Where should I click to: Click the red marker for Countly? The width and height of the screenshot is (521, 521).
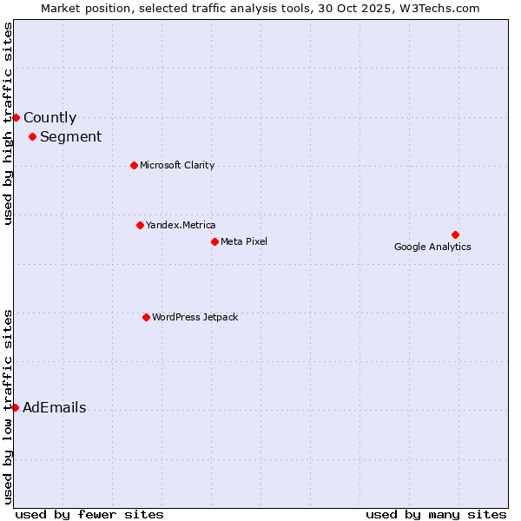pos(16,117)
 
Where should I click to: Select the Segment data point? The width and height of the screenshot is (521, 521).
pos(32,136)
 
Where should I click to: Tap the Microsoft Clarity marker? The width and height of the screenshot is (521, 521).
pos(134,165)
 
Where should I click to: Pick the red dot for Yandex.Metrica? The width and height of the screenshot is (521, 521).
pos(140,225)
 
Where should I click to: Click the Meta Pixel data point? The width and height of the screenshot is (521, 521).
pos(214,241)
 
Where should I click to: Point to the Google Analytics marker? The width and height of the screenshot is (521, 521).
pos(455,234)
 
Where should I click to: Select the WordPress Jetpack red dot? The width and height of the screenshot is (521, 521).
pos(146,317)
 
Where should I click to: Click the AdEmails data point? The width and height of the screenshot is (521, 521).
pos(15,407)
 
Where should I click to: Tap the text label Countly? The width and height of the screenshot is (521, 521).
pos(49,118)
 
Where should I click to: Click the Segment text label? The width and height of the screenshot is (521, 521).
pos(70,136)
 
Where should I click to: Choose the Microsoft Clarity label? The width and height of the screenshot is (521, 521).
pos(177,165)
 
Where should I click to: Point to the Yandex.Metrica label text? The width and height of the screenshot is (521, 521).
pos(181,225)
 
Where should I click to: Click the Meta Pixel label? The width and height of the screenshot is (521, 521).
pos(244,241)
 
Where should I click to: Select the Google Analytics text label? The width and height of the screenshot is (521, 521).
pos(432,247)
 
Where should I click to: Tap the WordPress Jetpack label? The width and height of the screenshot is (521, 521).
pos(195,317)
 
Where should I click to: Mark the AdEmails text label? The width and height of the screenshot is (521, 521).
pos(54,408)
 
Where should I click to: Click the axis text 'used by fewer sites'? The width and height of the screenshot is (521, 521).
pos(89,514)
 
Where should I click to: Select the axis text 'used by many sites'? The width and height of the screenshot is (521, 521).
pos(436,514)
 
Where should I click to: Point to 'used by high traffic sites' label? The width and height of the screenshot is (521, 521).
pos(8,123)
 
